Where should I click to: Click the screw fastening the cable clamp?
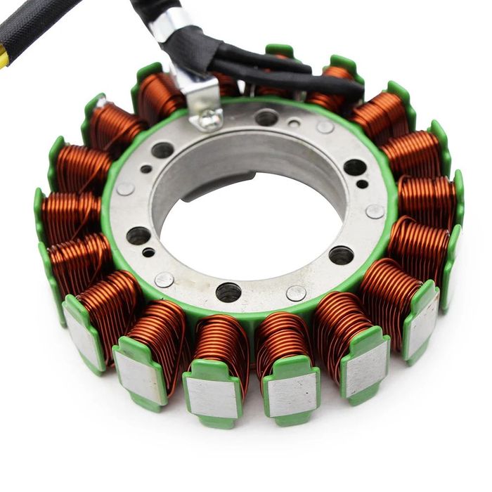pos(209,120)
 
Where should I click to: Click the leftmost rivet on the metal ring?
pos(125,189)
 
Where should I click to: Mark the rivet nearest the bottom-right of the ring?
pos(297,293)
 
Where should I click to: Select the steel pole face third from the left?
pos(212,398)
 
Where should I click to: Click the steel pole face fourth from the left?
pos(292,394)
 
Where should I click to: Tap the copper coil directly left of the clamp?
pos(160,98)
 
